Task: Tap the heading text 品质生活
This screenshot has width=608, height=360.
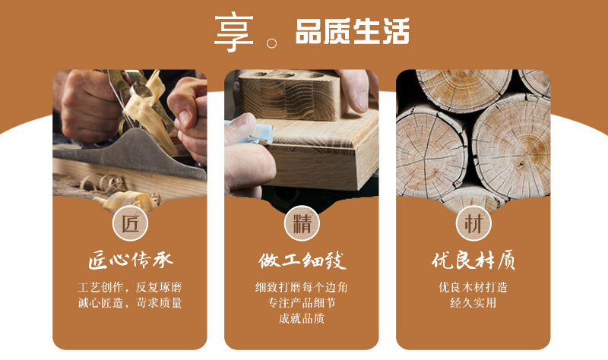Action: pos(352,33)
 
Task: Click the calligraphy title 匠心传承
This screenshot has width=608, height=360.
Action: pos(130,261)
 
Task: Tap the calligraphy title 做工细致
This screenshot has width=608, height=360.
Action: pos(301,261)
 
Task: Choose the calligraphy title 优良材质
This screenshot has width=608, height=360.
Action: pos(473,261)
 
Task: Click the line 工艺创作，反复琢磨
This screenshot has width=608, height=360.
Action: pos(130,288)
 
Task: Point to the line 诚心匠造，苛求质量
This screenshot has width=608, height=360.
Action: pos(130,303)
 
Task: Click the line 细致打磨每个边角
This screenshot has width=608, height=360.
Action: pos(301,288)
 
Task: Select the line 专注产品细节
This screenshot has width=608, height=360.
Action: pos(301,303)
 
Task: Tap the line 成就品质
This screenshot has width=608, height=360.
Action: pos(301,318)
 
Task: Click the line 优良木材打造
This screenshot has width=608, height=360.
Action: pos(473,288)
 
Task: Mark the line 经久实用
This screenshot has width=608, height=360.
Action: pos(473,303)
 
